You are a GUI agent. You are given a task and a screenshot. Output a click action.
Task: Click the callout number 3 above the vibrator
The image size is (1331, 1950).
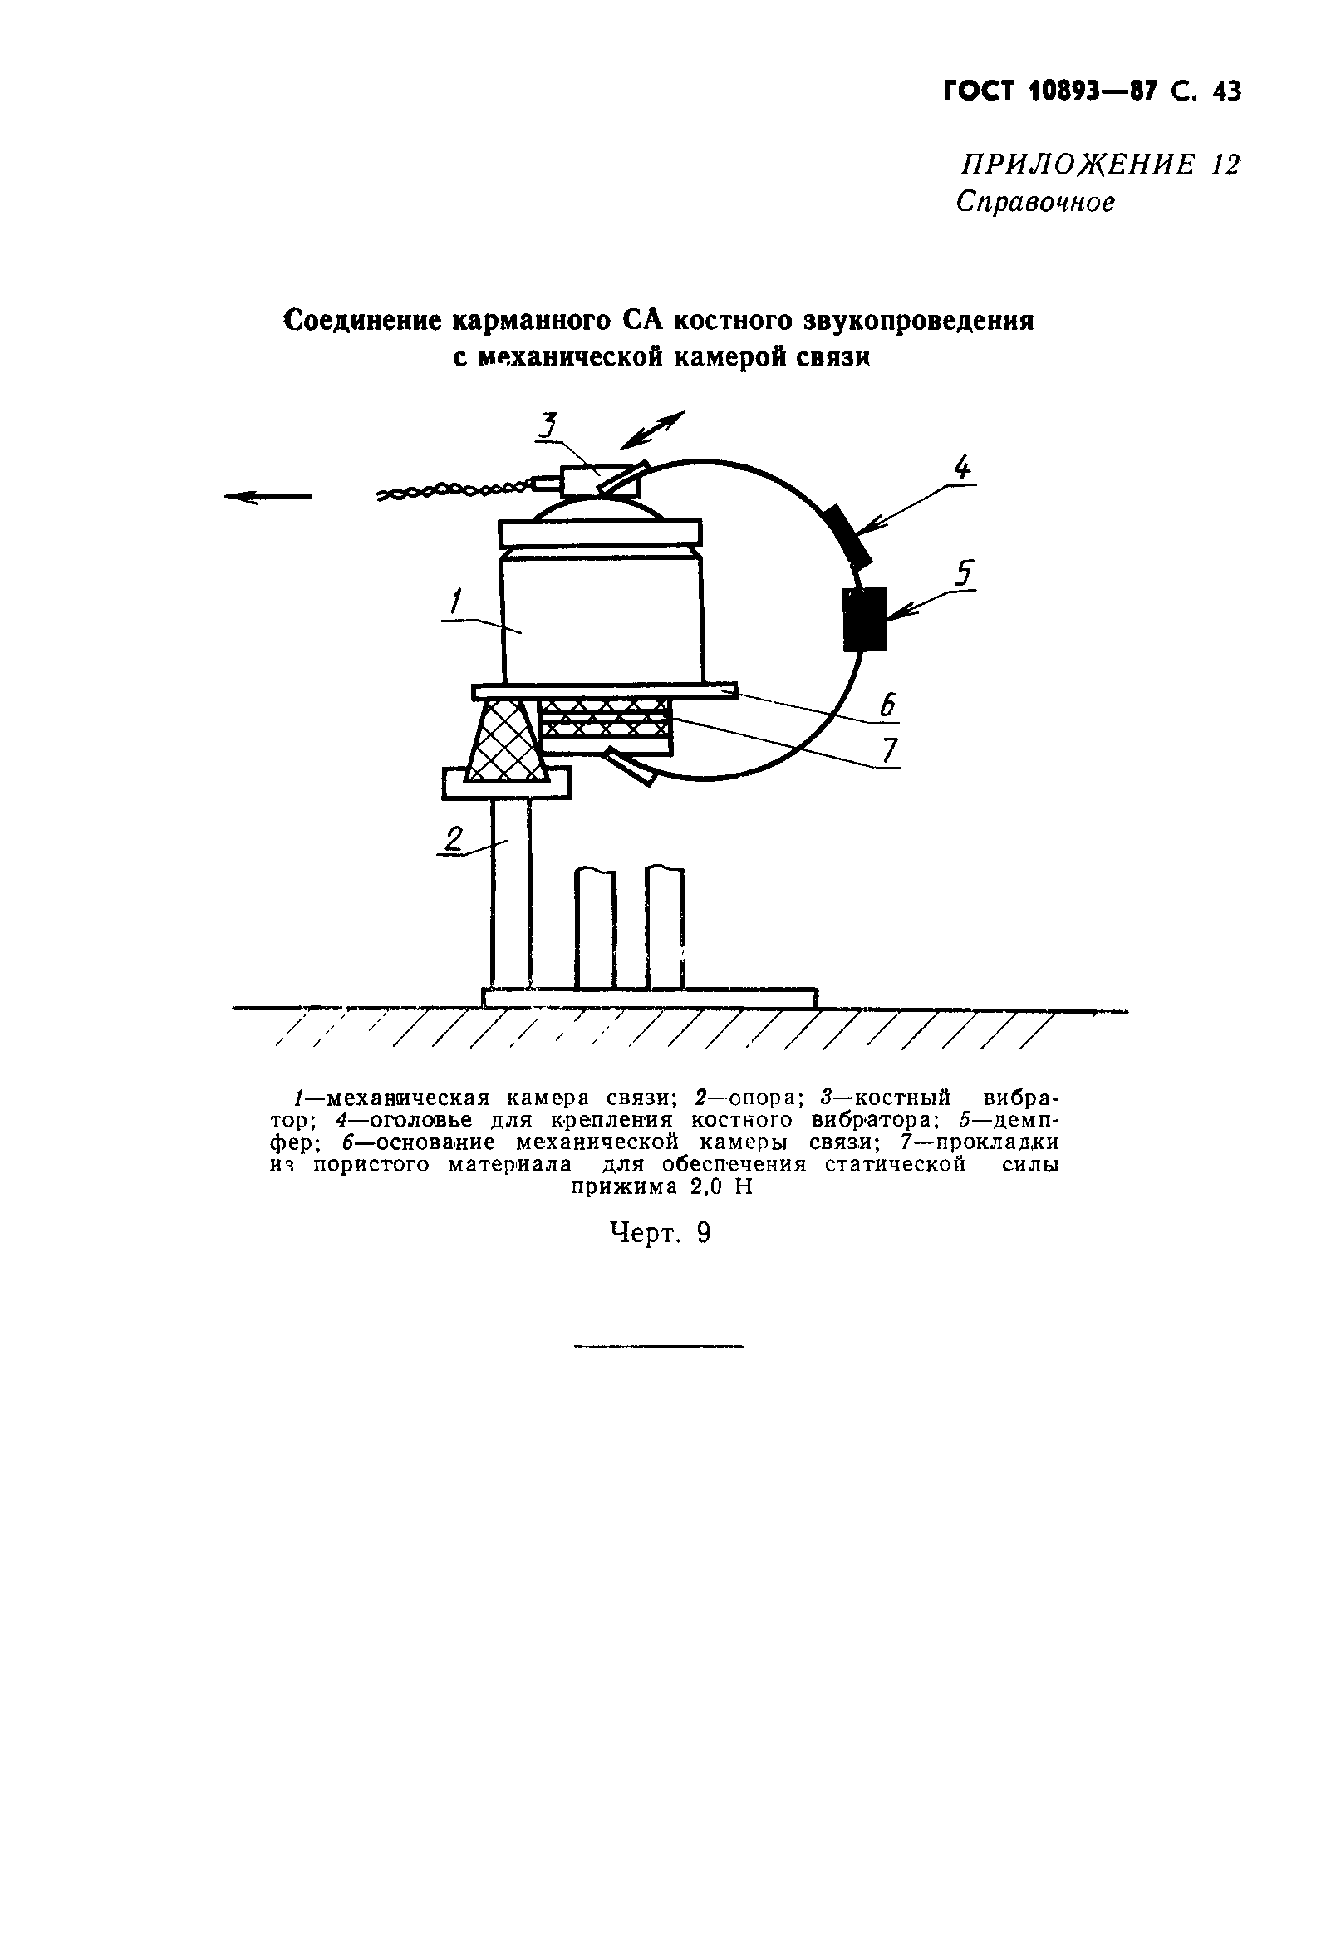548,425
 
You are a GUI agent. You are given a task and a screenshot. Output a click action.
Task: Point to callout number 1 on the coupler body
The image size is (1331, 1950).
455,602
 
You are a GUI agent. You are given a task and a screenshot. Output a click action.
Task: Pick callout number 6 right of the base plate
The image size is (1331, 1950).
889,704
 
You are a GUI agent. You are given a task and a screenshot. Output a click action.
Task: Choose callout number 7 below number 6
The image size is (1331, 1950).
891,749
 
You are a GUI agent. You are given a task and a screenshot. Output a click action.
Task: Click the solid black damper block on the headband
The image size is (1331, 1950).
864,619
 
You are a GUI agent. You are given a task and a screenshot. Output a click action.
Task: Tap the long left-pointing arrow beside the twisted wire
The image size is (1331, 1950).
267,497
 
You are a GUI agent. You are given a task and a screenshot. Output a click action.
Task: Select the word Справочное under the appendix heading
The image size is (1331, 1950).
1035,202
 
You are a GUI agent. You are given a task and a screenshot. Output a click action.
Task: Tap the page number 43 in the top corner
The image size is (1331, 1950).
1225,91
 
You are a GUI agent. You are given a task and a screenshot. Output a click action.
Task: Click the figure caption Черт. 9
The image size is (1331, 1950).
660,1233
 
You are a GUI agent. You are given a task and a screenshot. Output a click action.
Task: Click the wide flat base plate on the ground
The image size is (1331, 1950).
650,998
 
